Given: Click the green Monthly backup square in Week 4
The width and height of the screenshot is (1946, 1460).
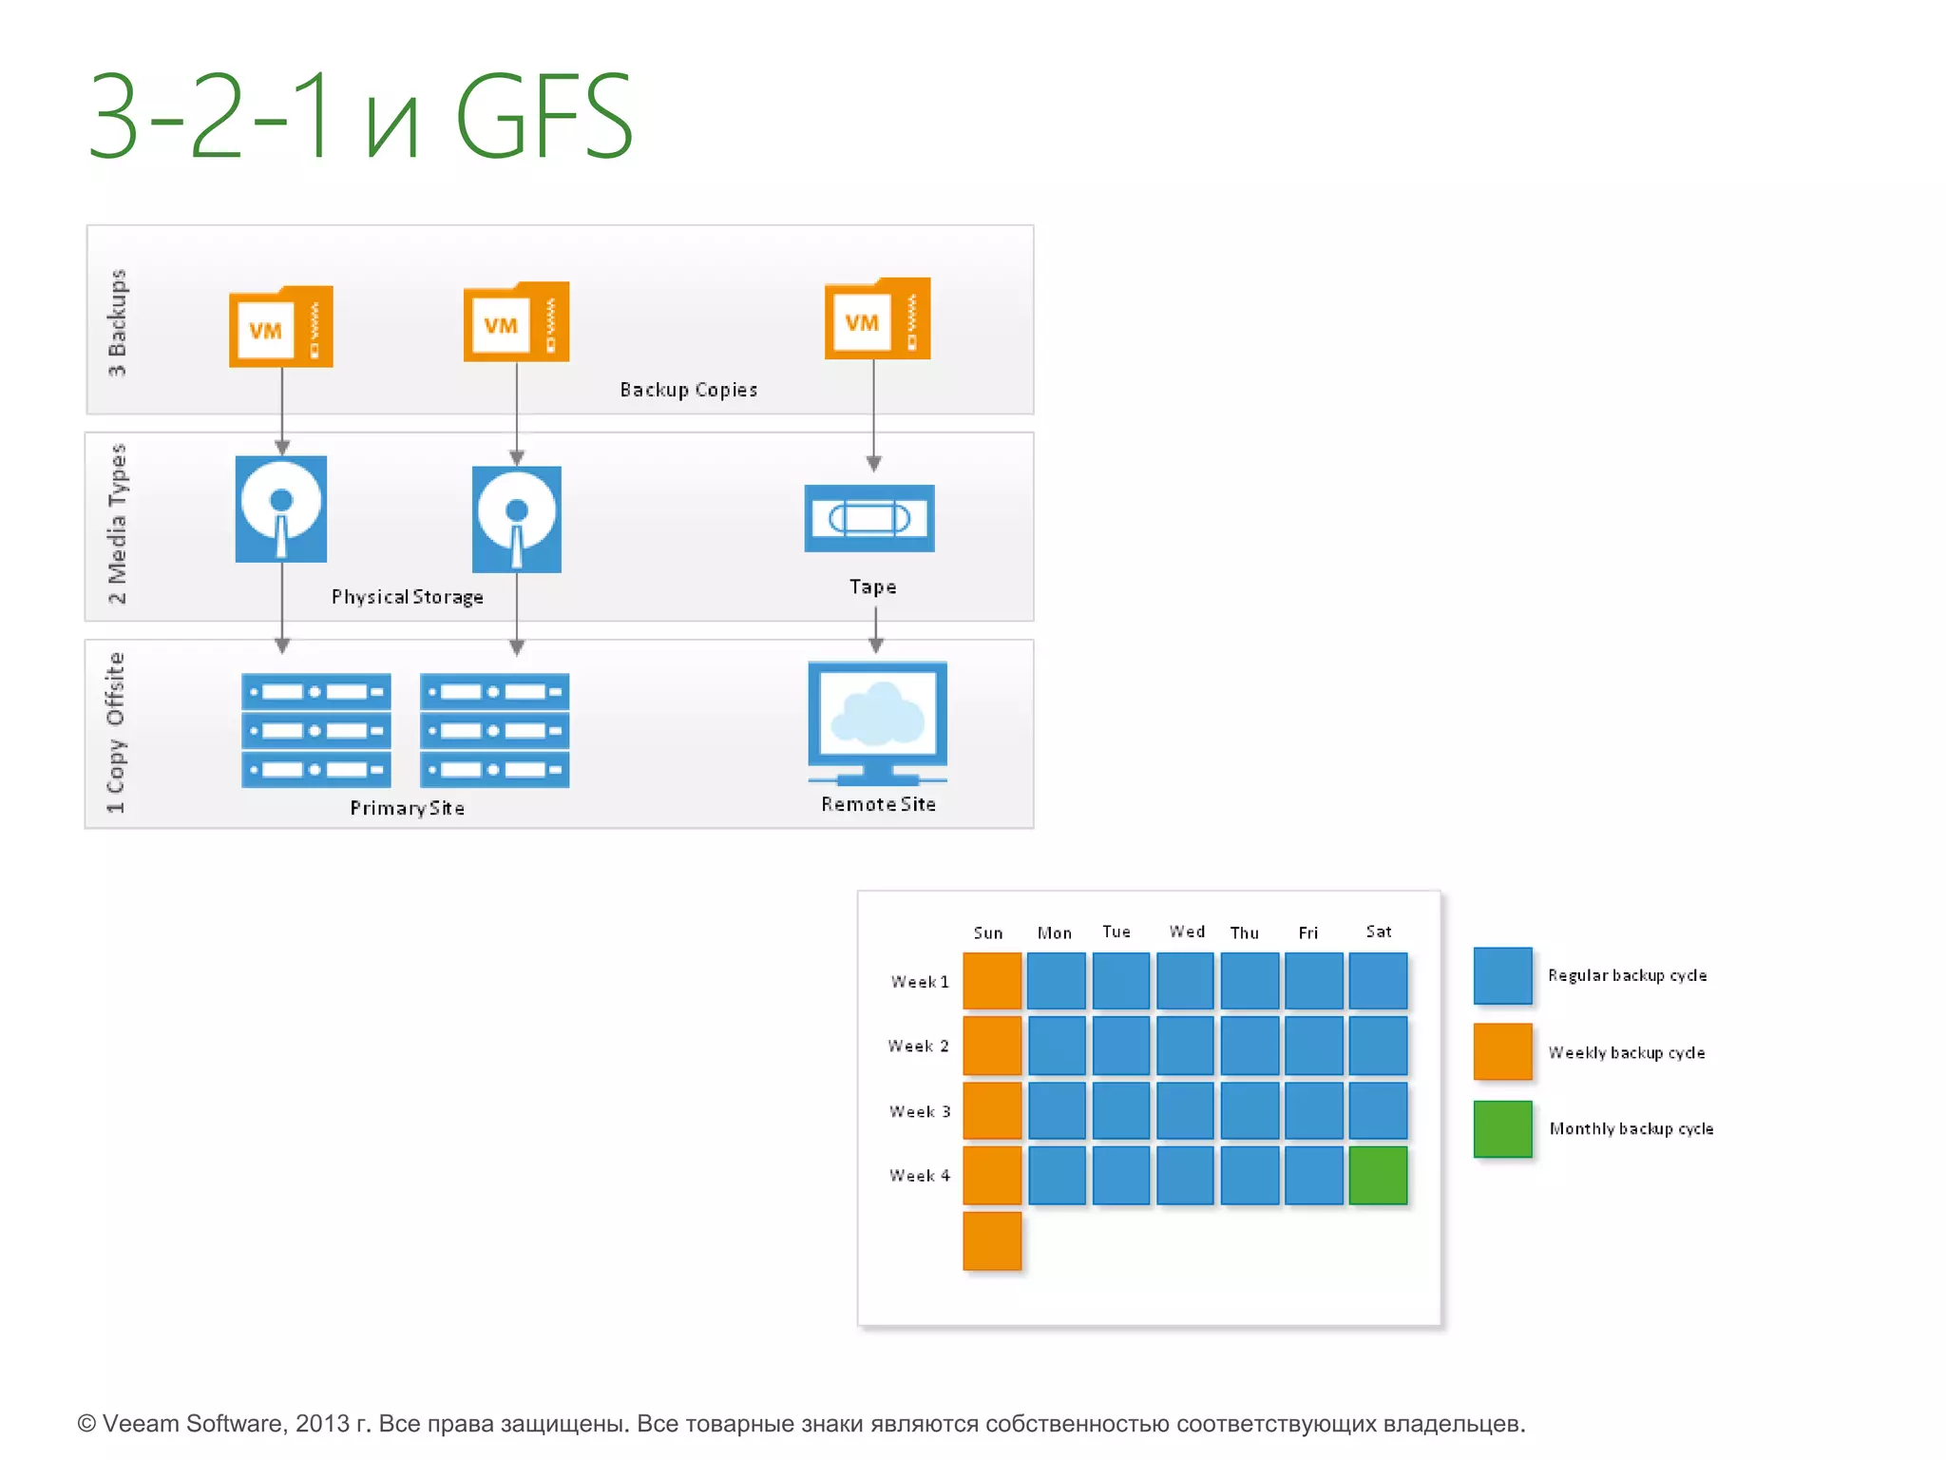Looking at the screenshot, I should tap(1378, 1175).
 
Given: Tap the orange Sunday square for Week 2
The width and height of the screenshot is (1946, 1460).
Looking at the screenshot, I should tap(992, 1045).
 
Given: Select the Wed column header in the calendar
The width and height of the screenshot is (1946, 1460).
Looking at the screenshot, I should tap(1187, 932).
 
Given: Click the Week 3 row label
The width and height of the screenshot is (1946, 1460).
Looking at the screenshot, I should tap(919, 1111).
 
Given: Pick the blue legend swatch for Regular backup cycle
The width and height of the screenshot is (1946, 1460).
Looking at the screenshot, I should tap(1502, 975).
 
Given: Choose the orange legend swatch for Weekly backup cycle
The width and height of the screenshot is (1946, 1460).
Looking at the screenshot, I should tap(1502, 1051).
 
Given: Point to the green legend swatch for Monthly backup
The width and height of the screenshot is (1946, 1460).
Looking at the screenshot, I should tap(1502, 1128).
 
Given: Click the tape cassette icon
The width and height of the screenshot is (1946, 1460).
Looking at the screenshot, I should tap(869, 518).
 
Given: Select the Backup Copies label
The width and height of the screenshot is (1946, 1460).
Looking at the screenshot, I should tap(688, 390).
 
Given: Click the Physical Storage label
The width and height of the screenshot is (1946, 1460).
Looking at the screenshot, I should tap(407, 597).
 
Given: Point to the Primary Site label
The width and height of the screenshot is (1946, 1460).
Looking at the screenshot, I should tap(407, 808).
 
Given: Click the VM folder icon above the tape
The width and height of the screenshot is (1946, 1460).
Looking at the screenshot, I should tap(877, 319).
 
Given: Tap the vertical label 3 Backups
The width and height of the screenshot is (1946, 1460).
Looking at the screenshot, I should tap(117, 323).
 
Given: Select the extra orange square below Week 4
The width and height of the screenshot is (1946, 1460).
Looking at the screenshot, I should tap(992, 1240).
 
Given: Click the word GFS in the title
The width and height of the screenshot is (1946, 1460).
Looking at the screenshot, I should tap(544, 117).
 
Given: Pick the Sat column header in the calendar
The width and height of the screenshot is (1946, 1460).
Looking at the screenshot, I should tap(1378, 932).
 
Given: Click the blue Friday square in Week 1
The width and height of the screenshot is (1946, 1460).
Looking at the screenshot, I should tap(1313, 980).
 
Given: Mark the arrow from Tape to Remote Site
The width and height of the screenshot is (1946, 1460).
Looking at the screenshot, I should tap(876, 629).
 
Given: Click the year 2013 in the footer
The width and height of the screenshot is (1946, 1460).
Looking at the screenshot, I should tap(321, 1423).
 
